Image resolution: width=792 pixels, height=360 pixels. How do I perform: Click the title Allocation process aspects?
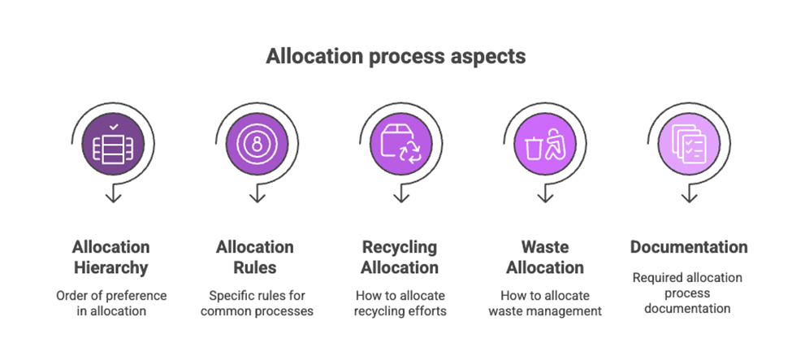(x=396, y=56)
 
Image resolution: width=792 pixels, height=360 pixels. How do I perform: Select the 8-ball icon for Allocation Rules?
(x=256, y=145)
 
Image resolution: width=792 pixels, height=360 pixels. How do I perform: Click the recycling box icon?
(x=400, y=145)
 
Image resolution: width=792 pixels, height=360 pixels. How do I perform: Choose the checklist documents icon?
(x=688, y=145)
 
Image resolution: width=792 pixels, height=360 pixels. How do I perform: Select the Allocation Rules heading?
(x=255, y=257)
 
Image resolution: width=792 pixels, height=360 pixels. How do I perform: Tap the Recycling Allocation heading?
(x=400, y=257)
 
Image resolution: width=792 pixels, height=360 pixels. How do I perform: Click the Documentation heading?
(x=689, y=247)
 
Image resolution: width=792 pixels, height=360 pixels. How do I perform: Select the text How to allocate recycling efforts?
(x=400, y=303)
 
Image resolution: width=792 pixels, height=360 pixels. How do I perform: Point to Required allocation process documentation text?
(x=689, y=293)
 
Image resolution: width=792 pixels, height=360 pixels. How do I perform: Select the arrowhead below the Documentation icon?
(x=688, y=197)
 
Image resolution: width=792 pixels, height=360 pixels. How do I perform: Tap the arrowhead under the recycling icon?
(x=400, y=197)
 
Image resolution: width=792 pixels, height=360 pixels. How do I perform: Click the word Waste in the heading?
(x=545, y=247)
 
